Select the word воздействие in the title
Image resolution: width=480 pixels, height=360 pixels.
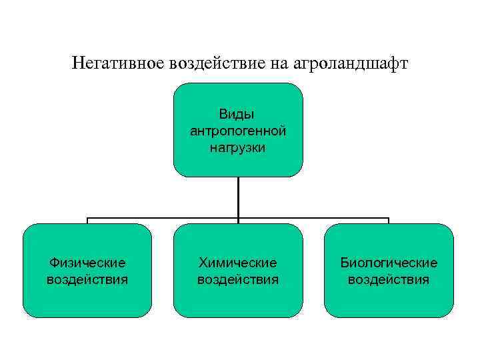tap(217, 65)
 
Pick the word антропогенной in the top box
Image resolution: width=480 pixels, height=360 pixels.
tap(238, 131)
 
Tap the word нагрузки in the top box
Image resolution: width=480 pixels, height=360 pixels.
tap(238, 147)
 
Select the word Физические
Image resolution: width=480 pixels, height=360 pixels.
tap(87, 263)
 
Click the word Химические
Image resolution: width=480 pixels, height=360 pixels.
tap(238, 263)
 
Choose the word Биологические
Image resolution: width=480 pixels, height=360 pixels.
tap(389, 263)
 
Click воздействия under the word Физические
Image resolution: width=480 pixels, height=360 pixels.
tap(87, 279)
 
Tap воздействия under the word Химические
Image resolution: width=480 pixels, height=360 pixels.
tap(238, 279)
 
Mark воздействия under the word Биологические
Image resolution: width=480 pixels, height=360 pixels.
tap(389, 279)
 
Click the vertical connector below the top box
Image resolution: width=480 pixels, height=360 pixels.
tap(238, 197)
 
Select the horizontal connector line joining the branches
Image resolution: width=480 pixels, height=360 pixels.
tap(163, 218)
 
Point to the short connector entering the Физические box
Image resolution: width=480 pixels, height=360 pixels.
tap(87, 221)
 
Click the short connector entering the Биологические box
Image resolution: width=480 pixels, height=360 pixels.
tap(389, 221)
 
